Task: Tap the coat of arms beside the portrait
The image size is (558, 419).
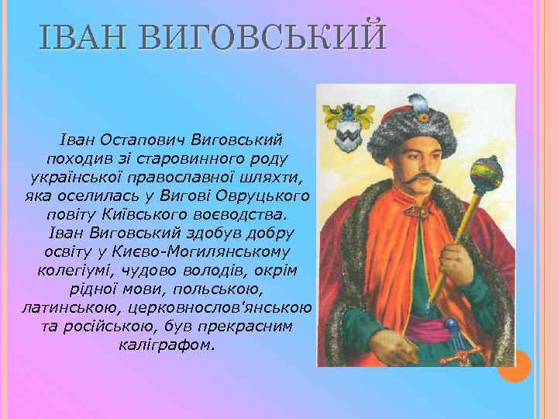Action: [x=343, y=133]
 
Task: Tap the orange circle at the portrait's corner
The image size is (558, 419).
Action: [x=514, y=365]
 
